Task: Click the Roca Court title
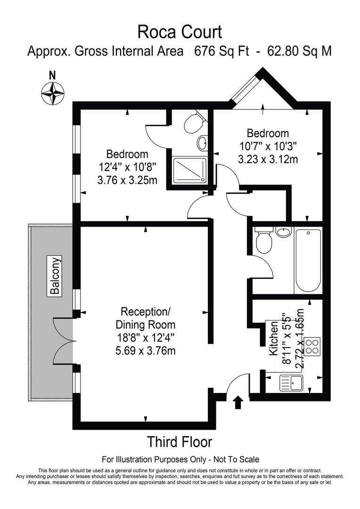(180, 32)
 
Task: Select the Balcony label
(55, 276)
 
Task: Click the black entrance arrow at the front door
(238, 402)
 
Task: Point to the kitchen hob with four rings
(311, 346)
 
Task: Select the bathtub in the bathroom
(308, 261)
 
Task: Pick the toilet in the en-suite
(193, 123)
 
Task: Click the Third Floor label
(180, 442)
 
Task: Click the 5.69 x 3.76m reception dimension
(146, 351)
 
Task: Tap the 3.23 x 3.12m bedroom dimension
(268, 159)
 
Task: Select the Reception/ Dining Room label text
(146, 318)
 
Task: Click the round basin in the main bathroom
(284, 232)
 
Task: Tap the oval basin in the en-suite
(203, 142)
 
